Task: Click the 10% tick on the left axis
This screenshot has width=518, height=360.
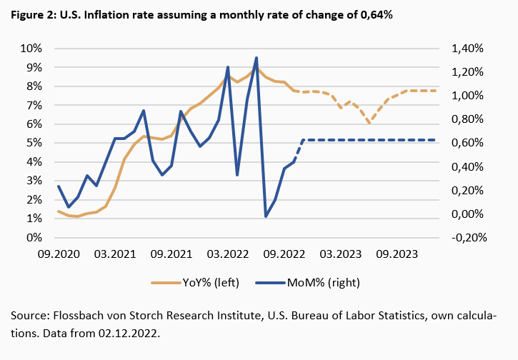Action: coord(30,49)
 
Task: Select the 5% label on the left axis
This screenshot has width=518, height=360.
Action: coord(33,143)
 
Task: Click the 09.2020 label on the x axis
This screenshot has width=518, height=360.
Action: coord(58,254)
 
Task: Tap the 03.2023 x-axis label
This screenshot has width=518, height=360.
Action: coord(341,254)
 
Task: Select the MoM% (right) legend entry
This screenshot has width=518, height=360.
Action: coord(324,283)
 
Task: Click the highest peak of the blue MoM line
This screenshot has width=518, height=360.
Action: coord(256,58)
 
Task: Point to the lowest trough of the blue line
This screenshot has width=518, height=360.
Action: coord(266,216)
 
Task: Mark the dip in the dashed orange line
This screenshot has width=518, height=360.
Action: coord(369,123)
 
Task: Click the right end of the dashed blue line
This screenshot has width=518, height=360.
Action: coord(435,140)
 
